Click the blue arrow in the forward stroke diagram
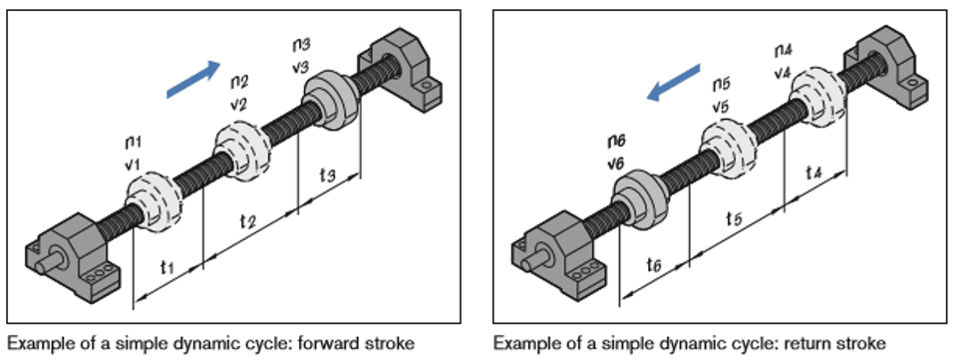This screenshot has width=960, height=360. pos(193,80)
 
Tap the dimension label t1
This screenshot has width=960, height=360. pos(167,267)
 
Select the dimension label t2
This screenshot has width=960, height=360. pos(247,220)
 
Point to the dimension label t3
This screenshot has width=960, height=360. pos(328,176)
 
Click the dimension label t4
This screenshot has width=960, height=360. pos(813,174)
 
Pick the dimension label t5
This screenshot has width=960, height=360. pos(735,218)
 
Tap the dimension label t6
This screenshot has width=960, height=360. pos(654,265)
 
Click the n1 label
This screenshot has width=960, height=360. pos(134,143)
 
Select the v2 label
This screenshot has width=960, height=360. pos(238,105)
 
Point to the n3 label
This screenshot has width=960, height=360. pos(301,46)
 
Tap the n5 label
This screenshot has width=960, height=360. pos(721,85)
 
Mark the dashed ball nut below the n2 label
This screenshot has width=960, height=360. pos(242,151)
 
